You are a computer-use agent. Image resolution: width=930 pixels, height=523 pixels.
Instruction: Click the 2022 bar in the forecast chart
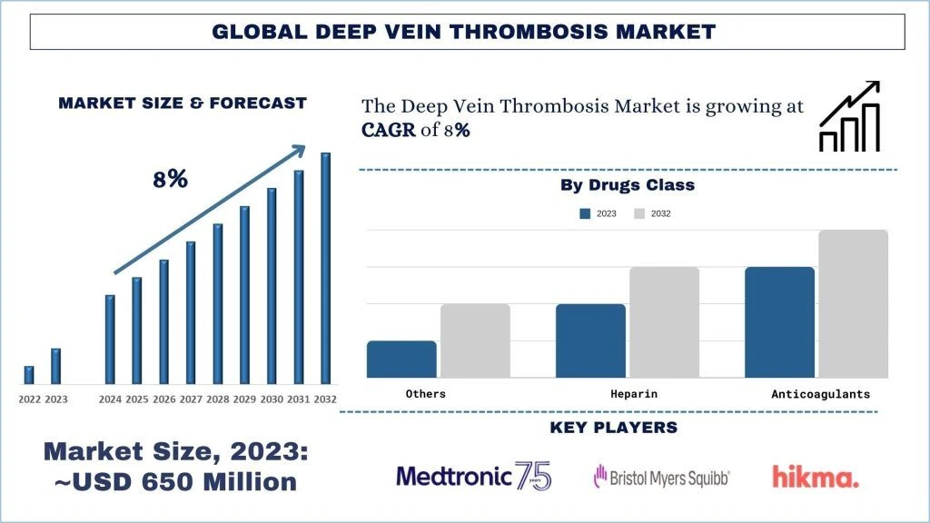[x=29, y=374]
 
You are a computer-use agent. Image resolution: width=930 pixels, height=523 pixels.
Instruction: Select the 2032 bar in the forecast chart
[x=325, y=268]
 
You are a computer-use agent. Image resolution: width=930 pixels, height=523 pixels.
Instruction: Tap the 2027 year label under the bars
[x=191, y=400]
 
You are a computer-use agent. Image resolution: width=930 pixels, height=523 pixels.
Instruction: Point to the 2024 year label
[x=110, y=400]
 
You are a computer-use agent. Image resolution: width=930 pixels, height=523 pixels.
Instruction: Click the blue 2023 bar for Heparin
[x=590, y=340]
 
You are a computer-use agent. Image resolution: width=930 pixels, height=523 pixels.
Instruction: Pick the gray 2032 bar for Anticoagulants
[x=853, y=303]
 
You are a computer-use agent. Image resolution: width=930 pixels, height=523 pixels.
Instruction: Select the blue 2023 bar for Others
[x=401, y=359]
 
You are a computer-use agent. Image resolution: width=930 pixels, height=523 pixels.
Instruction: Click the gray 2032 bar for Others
[x=475, y=340]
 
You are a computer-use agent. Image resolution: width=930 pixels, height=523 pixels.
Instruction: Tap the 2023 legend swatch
[x=585, y=213]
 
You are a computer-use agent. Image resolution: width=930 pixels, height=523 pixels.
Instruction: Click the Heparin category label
[x=634, y=394]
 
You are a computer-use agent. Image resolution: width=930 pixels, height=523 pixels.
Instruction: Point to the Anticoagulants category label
[x=820, y=394]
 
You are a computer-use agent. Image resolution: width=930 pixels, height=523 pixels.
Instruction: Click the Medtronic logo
[x=473, y=476]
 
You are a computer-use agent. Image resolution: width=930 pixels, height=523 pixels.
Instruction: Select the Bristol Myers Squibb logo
[x=661, y=476]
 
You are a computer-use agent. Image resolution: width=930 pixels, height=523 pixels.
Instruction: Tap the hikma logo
[x=815, y=476]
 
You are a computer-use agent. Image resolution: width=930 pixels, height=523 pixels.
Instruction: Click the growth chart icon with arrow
[x=850, y=115]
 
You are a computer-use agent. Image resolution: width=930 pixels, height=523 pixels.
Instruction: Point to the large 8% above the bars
[x=170, y=179]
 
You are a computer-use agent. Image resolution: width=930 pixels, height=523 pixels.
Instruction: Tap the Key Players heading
[x=613, y=428]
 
